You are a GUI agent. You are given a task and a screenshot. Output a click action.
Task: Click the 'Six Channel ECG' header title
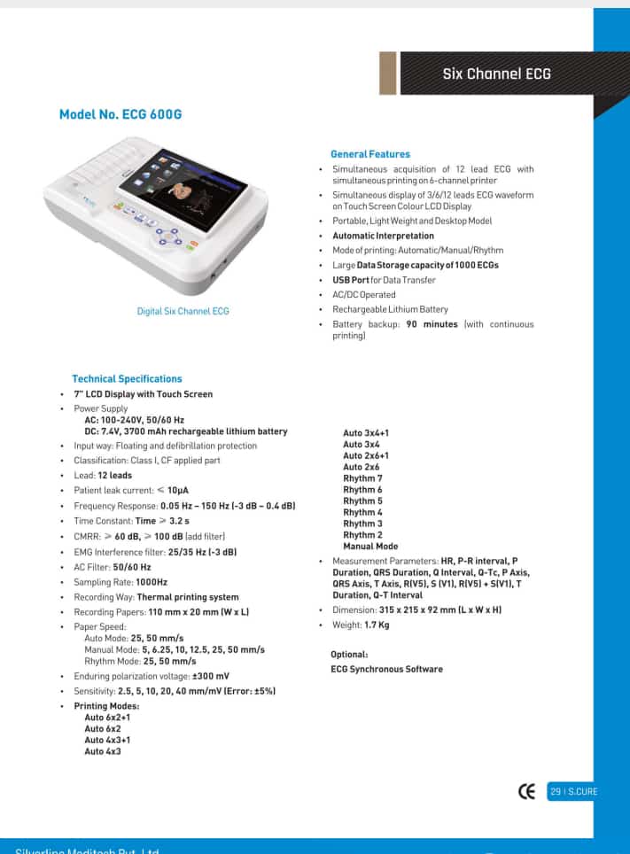[x=496, y=74]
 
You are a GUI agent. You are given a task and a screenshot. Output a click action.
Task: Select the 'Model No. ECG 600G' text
[x=121, y=114]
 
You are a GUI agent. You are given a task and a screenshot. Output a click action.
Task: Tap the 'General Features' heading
[x=370, y=154]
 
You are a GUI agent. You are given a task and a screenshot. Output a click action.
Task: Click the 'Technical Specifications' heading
[x=127, y=378]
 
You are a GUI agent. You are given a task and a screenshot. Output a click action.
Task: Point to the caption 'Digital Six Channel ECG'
[x=183, y=311]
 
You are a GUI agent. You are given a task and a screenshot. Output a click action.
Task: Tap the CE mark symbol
[x=527, y=791]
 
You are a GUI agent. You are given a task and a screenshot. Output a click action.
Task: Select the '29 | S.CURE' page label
[x=573, y=791]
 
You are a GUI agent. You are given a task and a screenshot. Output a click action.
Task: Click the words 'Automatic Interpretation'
[x=383, y=236]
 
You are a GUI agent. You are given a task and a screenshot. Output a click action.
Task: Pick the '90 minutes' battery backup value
[x=432, y=324]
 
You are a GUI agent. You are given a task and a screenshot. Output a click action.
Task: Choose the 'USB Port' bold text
[x=351, y=280]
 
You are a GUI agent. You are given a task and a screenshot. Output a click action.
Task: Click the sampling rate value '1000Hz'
[x=151, y=582]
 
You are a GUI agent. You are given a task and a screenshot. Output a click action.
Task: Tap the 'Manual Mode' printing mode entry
[x=370, y=547]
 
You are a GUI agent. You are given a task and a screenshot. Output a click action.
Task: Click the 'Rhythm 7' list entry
[x=362, y=478]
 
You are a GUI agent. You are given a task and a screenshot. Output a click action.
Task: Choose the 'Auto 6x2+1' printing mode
[x=107, y=717]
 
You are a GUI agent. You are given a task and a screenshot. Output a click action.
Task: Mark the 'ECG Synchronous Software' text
[x=386, y=669]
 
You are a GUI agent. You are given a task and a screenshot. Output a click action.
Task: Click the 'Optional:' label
[x=349, y=654]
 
